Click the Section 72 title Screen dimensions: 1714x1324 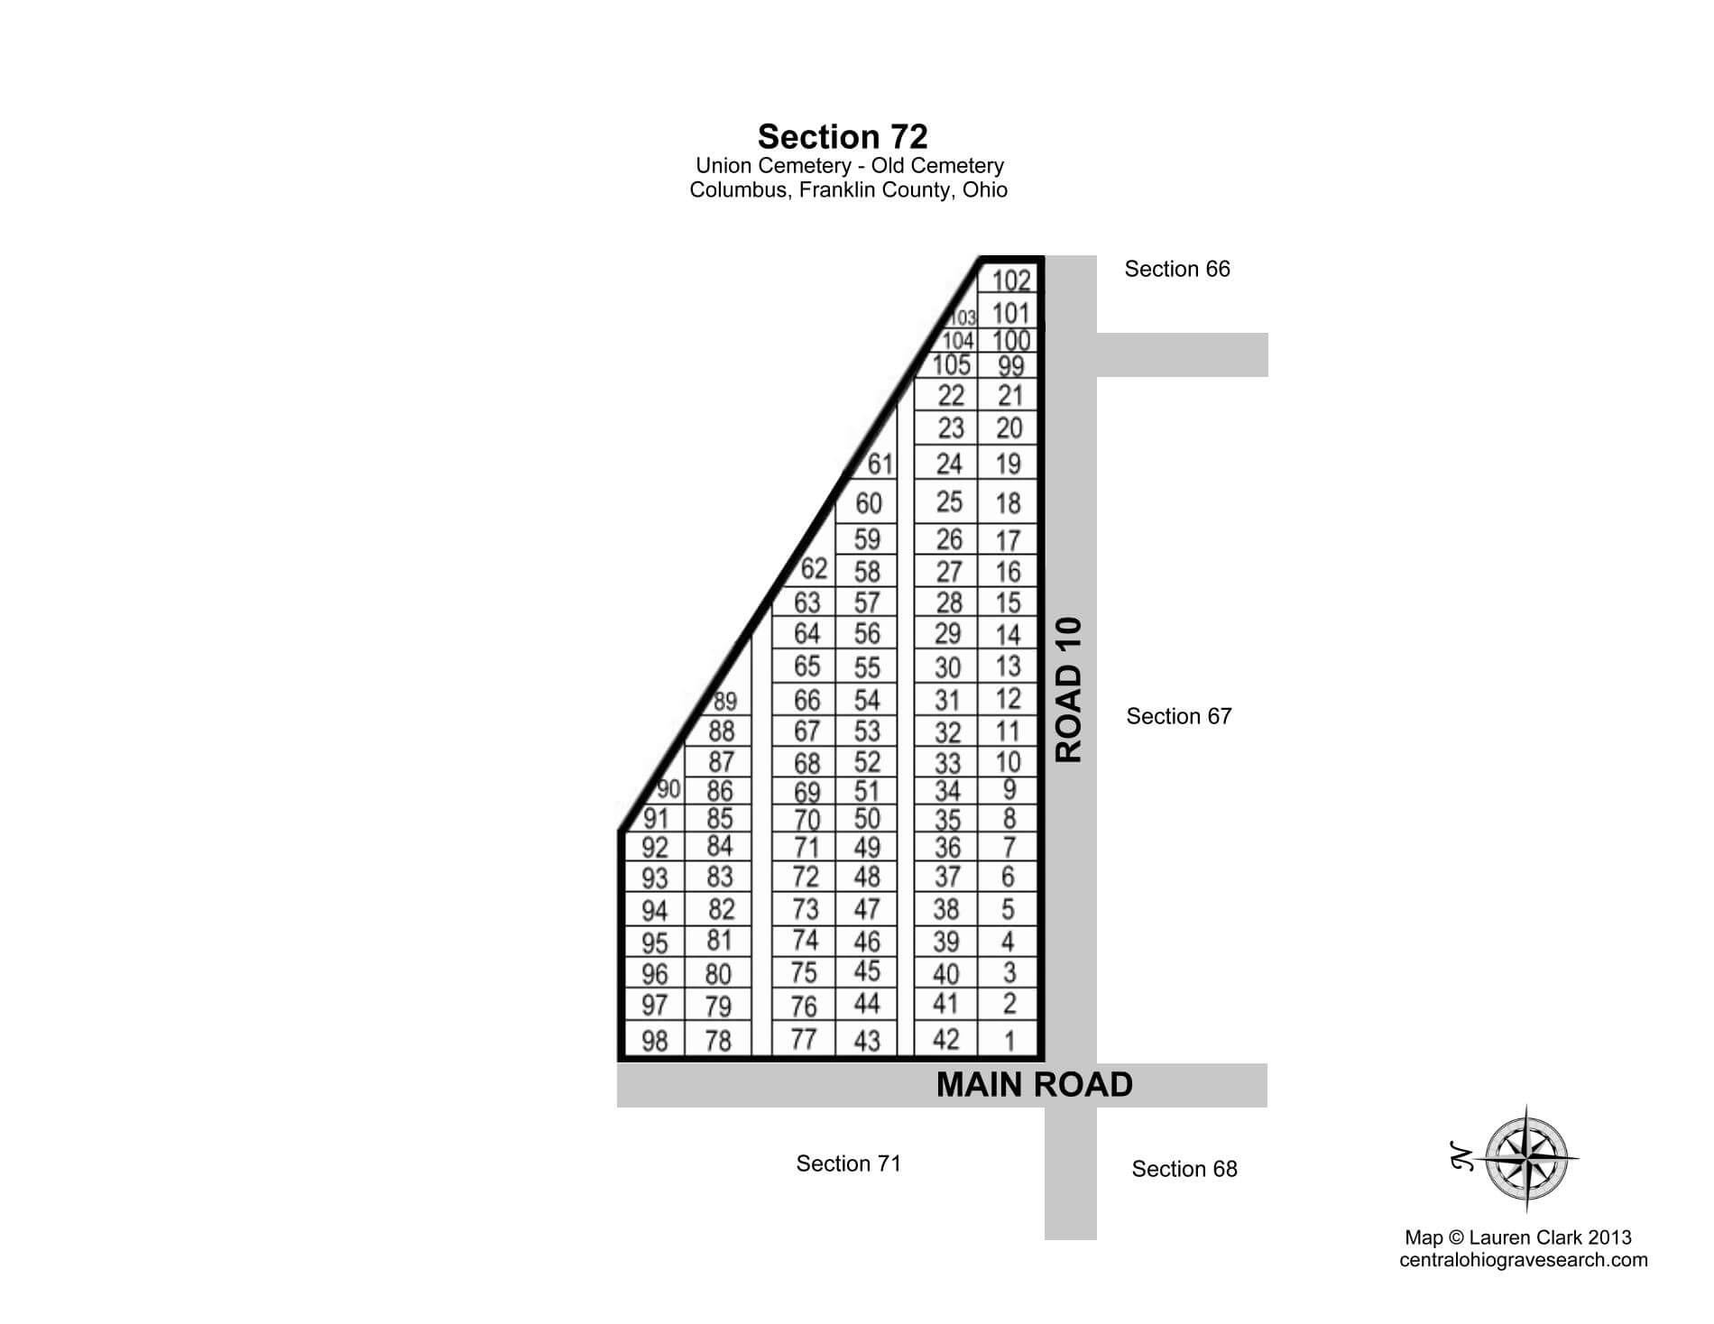(843, 137)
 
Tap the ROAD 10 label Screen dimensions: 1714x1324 (1069, 690)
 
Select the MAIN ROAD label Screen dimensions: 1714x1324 (1034, 1084)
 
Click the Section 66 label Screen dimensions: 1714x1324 (1176, 269)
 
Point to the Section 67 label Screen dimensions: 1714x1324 (1178, 716)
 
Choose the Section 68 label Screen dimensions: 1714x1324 (1184, 1169)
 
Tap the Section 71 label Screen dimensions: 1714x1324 (848, 1163)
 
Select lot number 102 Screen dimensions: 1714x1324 (1010, 280)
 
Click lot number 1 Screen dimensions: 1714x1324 (1009, 1041)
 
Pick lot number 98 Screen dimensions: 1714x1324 (654, 1042)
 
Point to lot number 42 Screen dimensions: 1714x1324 (945, 1039)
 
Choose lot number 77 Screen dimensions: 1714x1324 (803, 1039)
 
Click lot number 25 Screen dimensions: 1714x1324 (949, 501)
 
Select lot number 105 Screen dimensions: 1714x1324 (951, 365)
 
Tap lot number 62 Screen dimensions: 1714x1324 (814, 568)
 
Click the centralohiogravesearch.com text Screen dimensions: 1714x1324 (1523, 1260)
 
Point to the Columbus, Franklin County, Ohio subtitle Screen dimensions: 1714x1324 (848, 190)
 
